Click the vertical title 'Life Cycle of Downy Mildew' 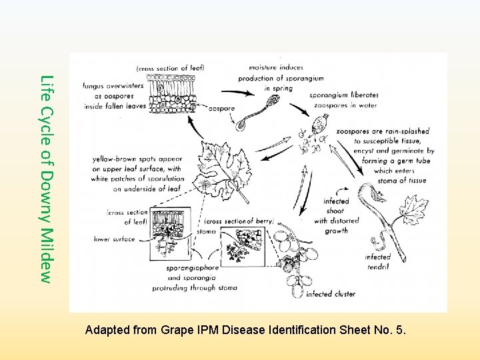pyautogui.click(x=45, y=178)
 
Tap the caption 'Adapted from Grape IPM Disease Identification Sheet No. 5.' pyautogui.click(x=245, y=329)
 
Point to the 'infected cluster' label pyautogui.click(x=331, y=293)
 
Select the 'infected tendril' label pyautogui.click(x=378, y=261)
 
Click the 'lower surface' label pyautogui.click(x=115, y=239)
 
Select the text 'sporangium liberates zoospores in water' pyautogui.click(x=343, y=100)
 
